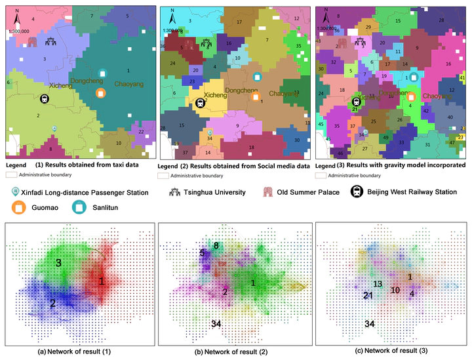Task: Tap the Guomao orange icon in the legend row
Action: tap(18, 208)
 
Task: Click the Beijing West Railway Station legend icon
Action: tap(355, 191)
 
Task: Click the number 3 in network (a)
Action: tap(58, 262)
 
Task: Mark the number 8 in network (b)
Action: tap(216, 245)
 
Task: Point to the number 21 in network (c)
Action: tap(368, 296)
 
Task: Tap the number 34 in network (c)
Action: tap(370, 324)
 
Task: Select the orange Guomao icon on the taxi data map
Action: tap(100, 92)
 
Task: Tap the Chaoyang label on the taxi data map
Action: tap(128, 84)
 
